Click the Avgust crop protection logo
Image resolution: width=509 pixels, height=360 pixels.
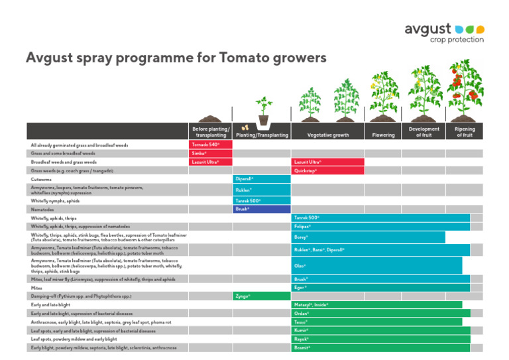pyautogui.click(x=444, y=32)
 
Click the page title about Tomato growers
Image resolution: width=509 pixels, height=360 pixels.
pyautogui.click(x=176, y=58)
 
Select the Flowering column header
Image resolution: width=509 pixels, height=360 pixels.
pyautogui.click(x=384, y=135)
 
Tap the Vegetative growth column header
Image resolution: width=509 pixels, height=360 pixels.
pyautogui.click(x=327, y=135)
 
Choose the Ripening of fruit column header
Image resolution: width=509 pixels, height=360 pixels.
pyautogui.click(x=464, y=131)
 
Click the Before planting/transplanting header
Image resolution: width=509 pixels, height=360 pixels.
pyautogui.click(x=211, y=131)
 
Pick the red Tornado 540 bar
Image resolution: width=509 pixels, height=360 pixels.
pyautogui.click(x=211, y=145)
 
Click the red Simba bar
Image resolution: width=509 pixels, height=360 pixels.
pyautogui.click(x=211, y=153)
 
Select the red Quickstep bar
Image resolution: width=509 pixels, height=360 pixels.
pyautogui.click(x=327, y=170)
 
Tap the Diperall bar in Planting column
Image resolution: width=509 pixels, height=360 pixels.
pyautogui.click(x=262, y=179)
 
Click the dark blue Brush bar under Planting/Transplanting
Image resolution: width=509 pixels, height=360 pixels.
pyautogui.click(x=262, y=209)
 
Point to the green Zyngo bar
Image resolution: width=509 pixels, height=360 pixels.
pyautogui.click(x=262, y=296)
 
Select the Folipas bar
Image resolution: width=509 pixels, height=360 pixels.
pyautogui.click(x=380, y=226)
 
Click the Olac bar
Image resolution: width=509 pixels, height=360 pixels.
pyautogui.click(x=376, y=265)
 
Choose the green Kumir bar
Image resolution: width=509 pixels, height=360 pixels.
pyautogui.click(x=380, y=330)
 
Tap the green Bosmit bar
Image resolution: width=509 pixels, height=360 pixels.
pyautogui.click(x=380, y=347)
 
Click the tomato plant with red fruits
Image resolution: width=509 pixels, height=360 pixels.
pyautogui.click(x=464, y=90)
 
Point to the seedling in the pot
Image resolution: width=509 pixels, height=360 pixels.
pyautogui.click(x=264, y=111)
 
